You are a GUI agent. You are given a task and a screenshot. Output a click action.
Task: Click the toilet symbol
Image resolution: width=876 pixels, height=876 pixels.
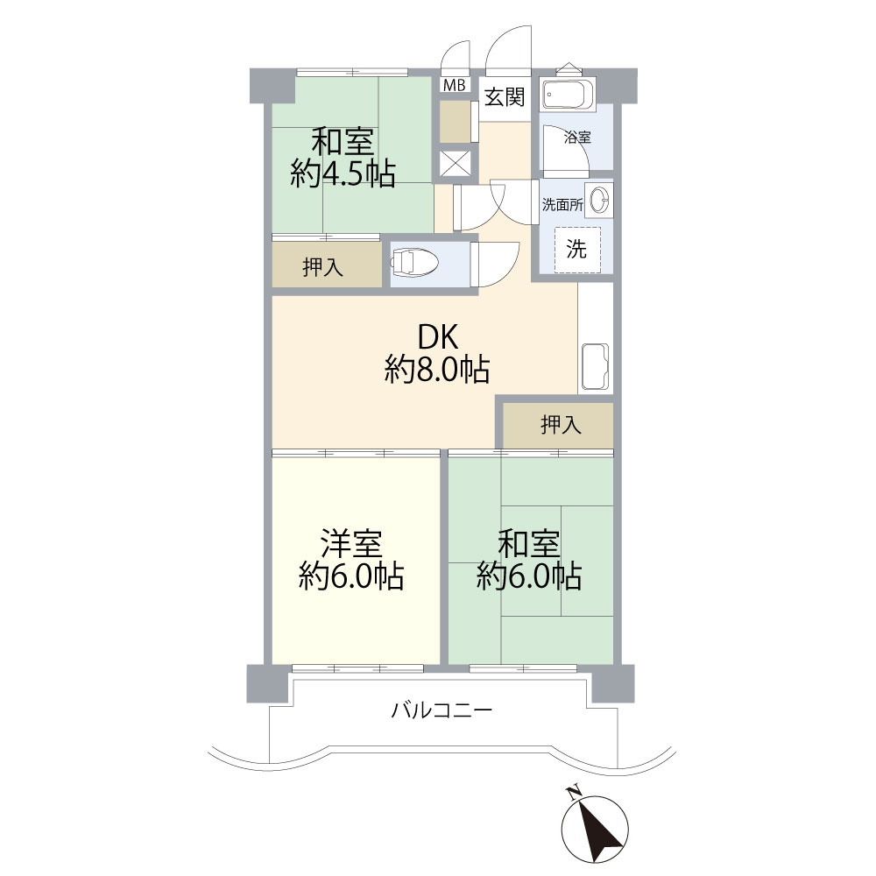[415, 262]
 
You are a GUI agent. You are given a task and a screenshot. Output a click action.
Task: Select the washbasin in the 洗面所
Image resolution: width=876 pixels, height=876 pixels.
[600, 200]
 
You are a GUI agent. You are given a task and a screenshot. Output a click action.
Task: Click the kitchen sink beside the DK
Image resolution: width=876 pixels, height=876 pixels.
[595, 367]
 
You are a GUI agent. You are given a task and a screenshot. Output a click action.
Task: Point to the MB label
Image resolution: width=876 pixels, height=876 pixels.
[454, 86]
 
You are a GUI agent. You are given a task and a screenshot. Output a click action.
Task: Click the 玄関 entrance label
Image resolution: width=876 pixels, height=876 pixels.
[505, 96]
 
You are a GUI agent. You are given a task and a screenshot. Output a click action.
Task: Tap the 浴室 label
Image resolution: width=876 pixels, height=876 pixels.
[577, 137]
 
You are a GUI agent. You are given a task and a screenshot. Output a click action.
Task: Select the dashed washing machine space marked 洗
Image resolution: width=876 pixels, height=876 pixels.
[577, 249]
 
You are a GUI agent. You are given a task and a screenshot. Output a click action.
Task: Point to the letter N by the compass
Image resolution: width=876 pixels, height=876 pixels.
[572, 792]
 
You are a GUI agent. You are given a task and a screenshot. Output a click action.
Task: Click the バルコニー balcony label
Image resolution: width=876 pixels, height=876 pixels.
[442, 710]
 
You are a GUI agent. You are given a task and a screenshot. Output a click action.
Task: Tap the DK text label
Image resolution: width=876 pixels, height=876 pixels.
[439, 337]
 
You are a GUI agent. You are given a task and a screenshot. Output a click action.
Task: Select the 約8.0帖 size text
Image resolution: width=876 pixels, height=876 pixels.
[437, 370]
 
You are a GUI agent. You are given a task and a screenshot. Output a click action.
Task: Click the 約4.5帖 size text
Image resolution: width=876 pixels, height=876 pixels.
[343, 173]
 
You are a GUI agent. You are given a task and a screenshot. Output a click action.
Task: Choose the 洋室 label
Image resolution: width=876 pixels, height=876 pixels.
[351, 544]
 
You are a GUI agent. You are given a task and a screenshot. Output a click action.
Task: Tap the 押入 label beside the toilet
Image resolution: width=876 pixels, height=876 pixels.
[323, 267]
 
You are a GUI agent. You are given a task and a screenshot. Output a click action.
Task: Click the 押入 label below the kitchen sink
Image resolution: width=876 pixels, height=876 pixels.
[561, 425]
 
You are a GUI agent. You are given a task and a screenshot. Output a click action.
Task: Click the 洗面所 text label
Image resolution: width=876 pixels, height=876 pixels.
[562, 205]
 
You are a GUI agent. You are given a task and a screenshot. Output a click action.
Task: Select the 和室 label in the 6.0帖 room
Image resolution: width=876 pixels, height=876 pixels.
[528, 544]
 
